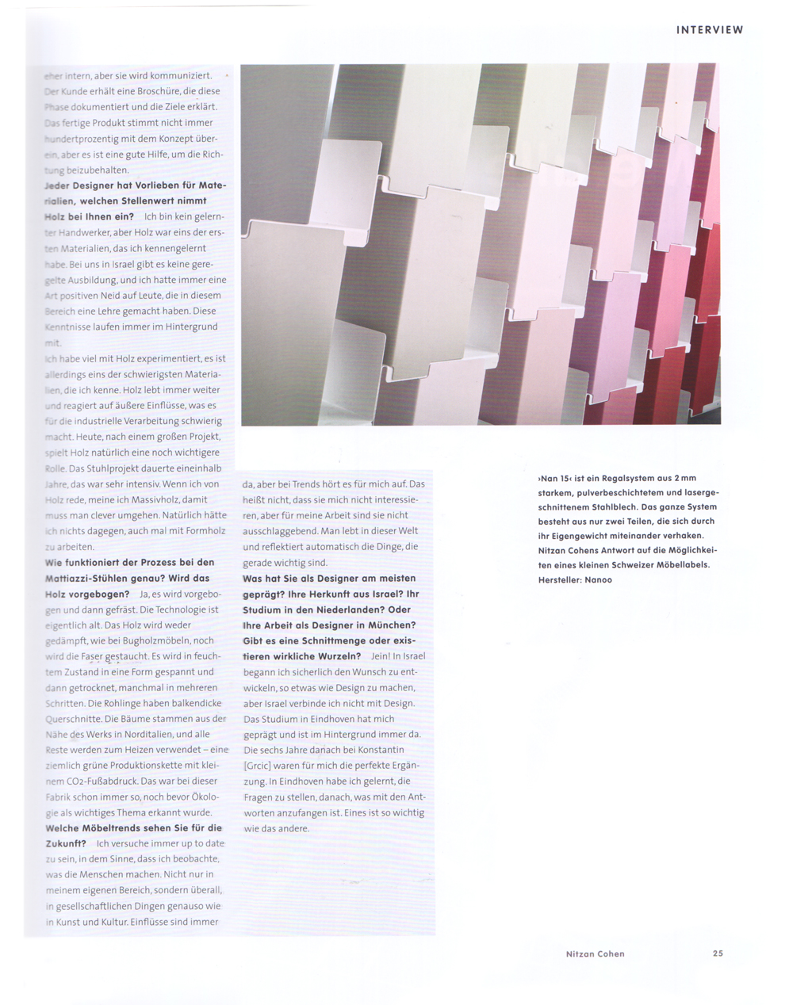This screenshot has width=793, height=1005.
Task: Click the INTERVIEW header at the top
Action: click(710, 30)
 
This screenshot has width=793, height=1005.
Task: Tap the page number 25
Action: click(718, 953)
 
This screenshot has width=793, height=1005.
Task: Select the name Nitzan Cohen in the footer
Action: click(595, 953)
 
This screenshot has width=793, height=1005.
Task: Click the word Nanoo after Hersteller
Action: click(600, 580)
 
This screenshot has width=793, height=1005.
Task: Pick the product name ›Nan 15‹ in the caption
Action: click(555, 478)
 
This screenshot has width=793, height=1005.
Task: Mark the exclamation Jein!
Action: click(380, 656)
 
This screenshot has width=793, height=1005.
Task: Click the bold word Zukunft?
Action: click(65, 843)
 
